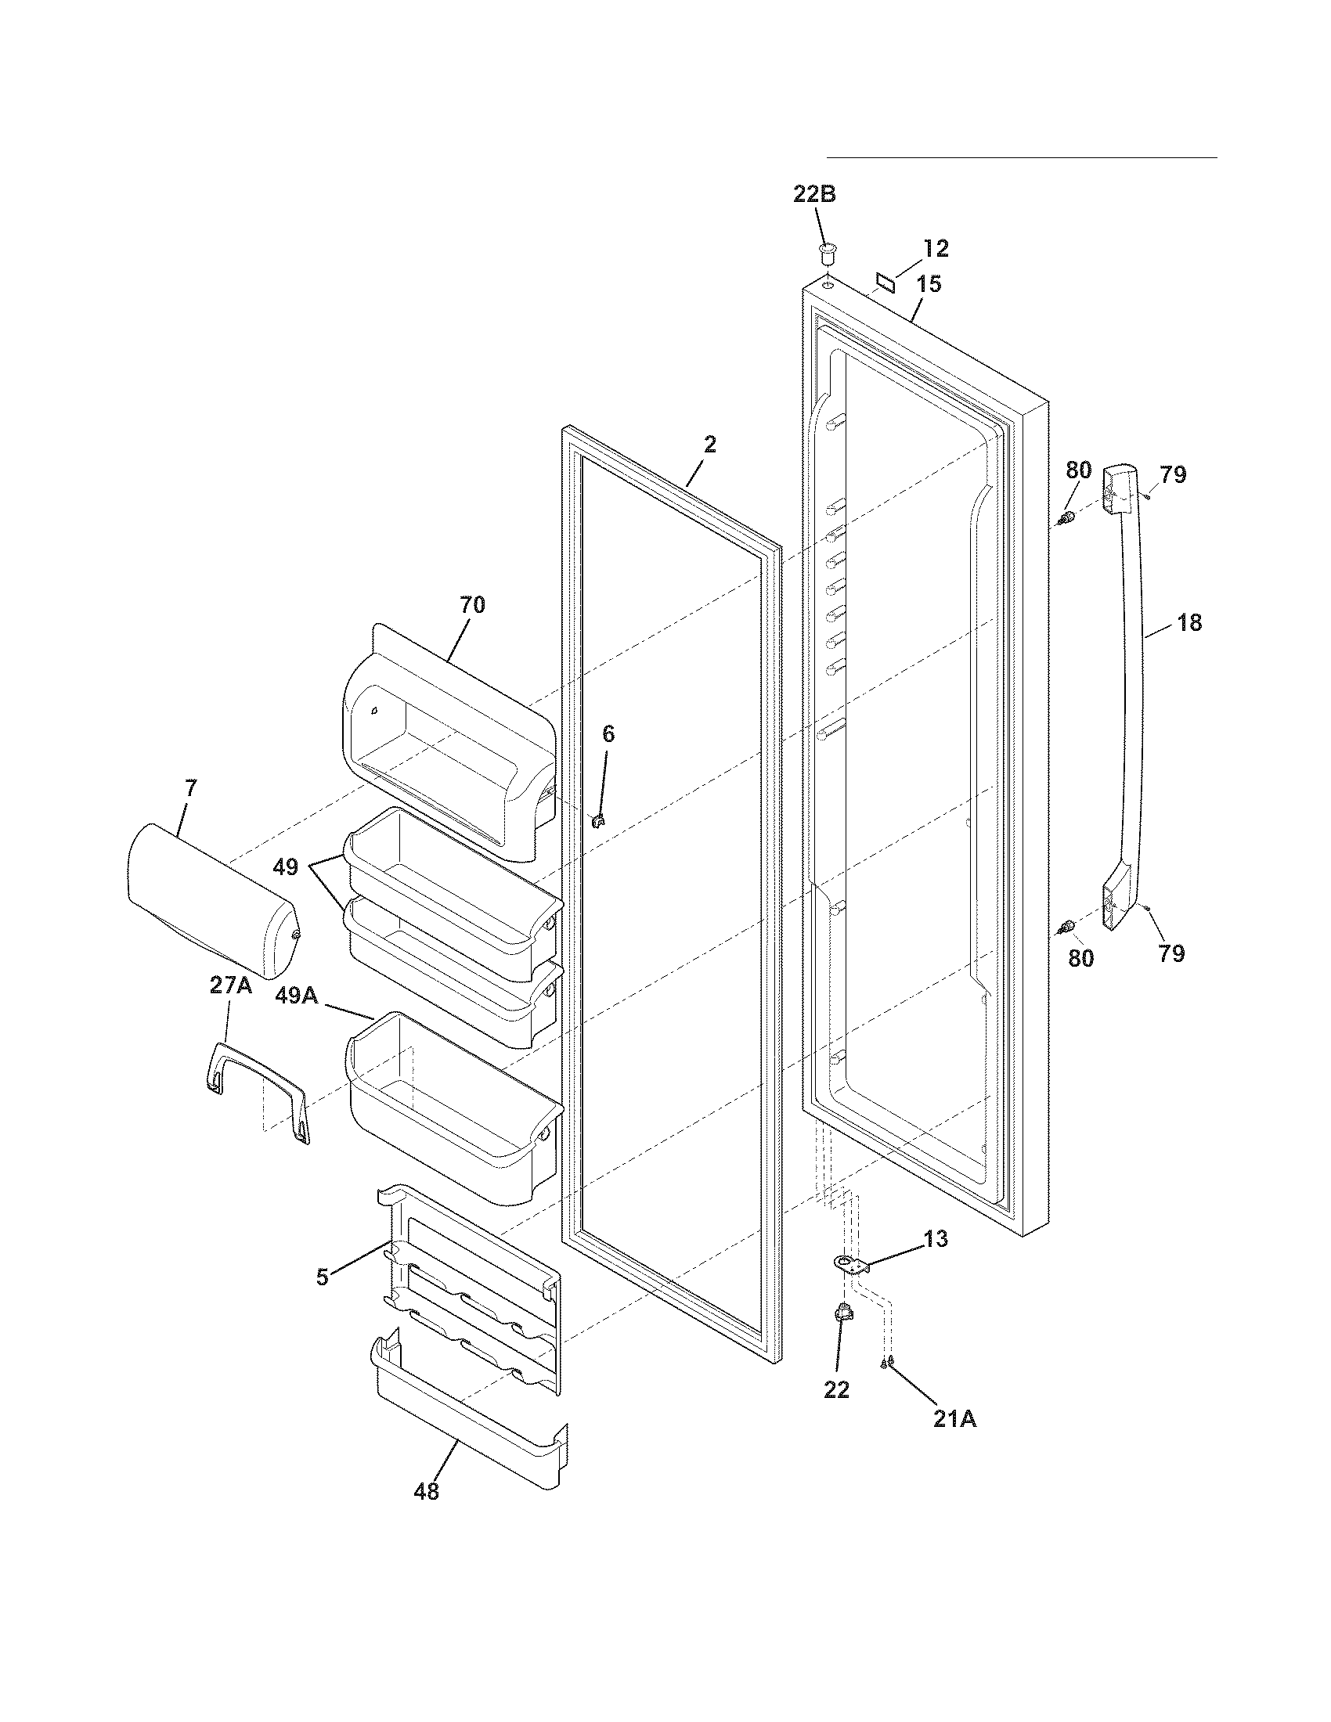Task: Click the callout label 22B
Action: (813, 194)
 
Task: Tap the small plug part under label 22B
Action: (825, 254)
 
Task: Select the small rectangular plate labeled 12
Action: (886, 282)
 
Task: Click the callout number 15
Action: (929, 284)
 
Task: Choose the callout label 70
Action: (472, 605)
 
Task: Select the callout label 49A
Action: (296, 996)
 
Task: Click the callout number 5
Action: (322, 1277)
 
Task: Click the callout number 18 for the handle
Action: (1189, 623)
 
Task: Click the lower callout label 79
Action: (1172, 953)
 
